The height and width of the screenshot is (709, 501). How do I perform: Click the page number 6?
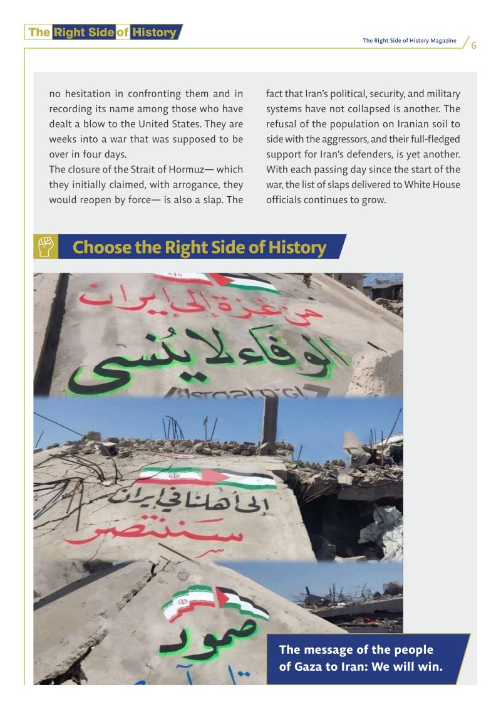(x=474, y=46)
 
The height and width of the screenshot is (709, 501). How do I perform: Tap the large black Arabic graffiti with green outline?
(x=213, y=360)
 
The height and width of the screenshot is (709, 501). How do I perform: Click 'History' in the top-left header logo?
(x=154, y=32)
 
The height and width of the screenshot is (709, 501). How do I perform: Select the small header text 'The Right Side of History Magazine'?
(x=410, y=41)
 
